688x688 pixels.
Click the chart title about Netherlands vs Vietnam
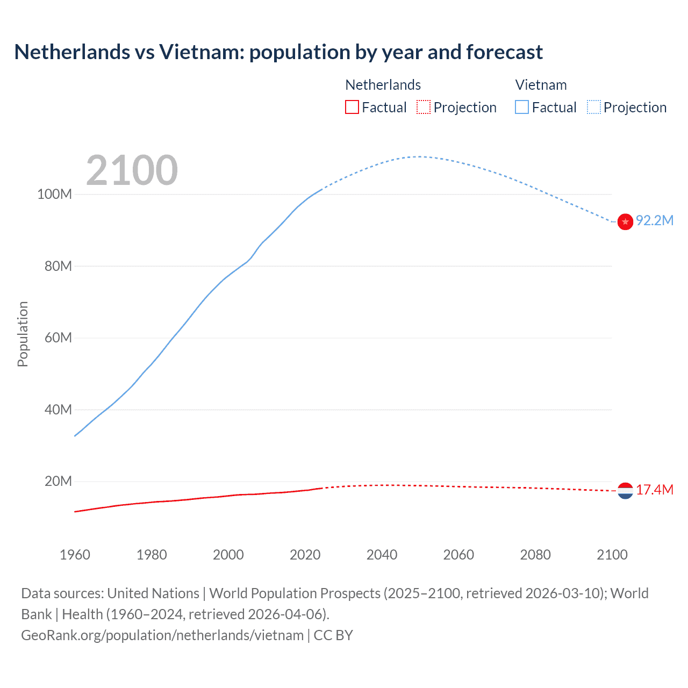(x=278, y=52)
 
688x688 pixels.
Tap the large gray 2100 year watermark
(x=132, y=170)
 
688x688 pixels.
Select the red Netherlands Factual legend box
(x=352, y=107)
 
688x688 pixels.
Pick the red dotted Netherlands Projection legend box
(x=424, y=107)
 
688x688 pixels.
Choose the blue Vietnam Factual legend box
(x=522, y=107)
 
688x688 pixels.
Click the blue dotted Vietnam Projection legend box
(x=594, y=107)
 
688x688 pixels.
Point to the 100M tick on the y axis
(x=54, y=194)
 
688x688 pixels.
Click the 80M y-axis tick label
(x=58, y=266)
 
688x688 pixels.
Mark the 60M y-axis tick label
(x=58, y=338)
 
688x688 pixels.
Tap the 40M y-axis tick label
(x=58, y=410)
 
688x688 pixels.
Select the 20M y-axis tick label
(x=58, y=481)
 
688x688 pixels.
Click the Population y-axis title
(x=23, y=334)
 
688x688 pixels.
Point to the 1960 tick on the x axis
(x=75, y=555)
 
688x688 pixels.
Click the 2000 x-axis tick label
(x=228, y=555)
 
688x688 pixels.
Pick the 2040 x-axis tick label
(x=382, y=555)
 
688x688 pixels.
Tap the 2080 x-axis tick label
(x=535, y=555)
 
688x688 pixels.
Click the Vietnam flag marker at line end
(x=625, y=221)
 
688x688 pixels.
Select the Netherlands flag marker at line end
(x=625, y=490)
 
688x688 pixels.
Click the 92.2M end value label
(x=655, y=221)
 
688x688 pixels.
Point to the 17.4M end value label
(x=655, y=490)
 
